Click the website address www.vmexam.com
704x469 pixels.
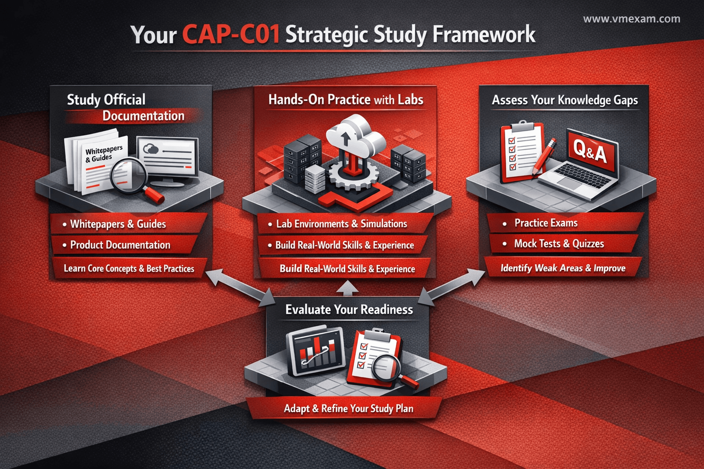coord(632,19)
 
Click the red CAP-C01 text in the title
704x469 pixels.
coord(231,34)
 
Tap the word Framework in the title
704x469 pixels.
coord(484,34)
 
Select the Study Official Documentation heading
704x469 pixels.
coord(126,108)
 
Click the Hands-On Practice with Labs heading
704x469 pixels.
coord(346,99)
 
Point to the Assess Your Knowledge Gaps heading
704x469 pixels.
coord(565,100)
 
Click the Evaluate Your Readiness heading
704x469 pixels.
coord(349,310)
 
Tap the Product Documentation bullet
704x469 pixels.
coord(116,245)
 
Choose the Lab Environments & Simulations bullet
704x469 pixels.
coord(338,224)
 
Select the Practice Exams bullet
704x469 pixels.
coord(540,223)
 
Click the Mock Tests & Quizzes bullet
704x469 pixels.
coord(554,244)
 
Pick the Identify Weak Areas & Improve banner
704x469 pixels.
coord(562,268)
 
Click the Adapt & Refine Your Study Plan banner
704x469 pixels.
coord(348,408)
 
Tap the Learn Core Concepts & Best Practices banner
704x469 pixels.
coord(129,268)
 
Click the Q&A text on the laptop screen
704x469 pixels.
coord(590,152)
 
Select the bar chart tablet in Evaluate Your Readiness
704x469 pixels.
coord(316,351)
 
